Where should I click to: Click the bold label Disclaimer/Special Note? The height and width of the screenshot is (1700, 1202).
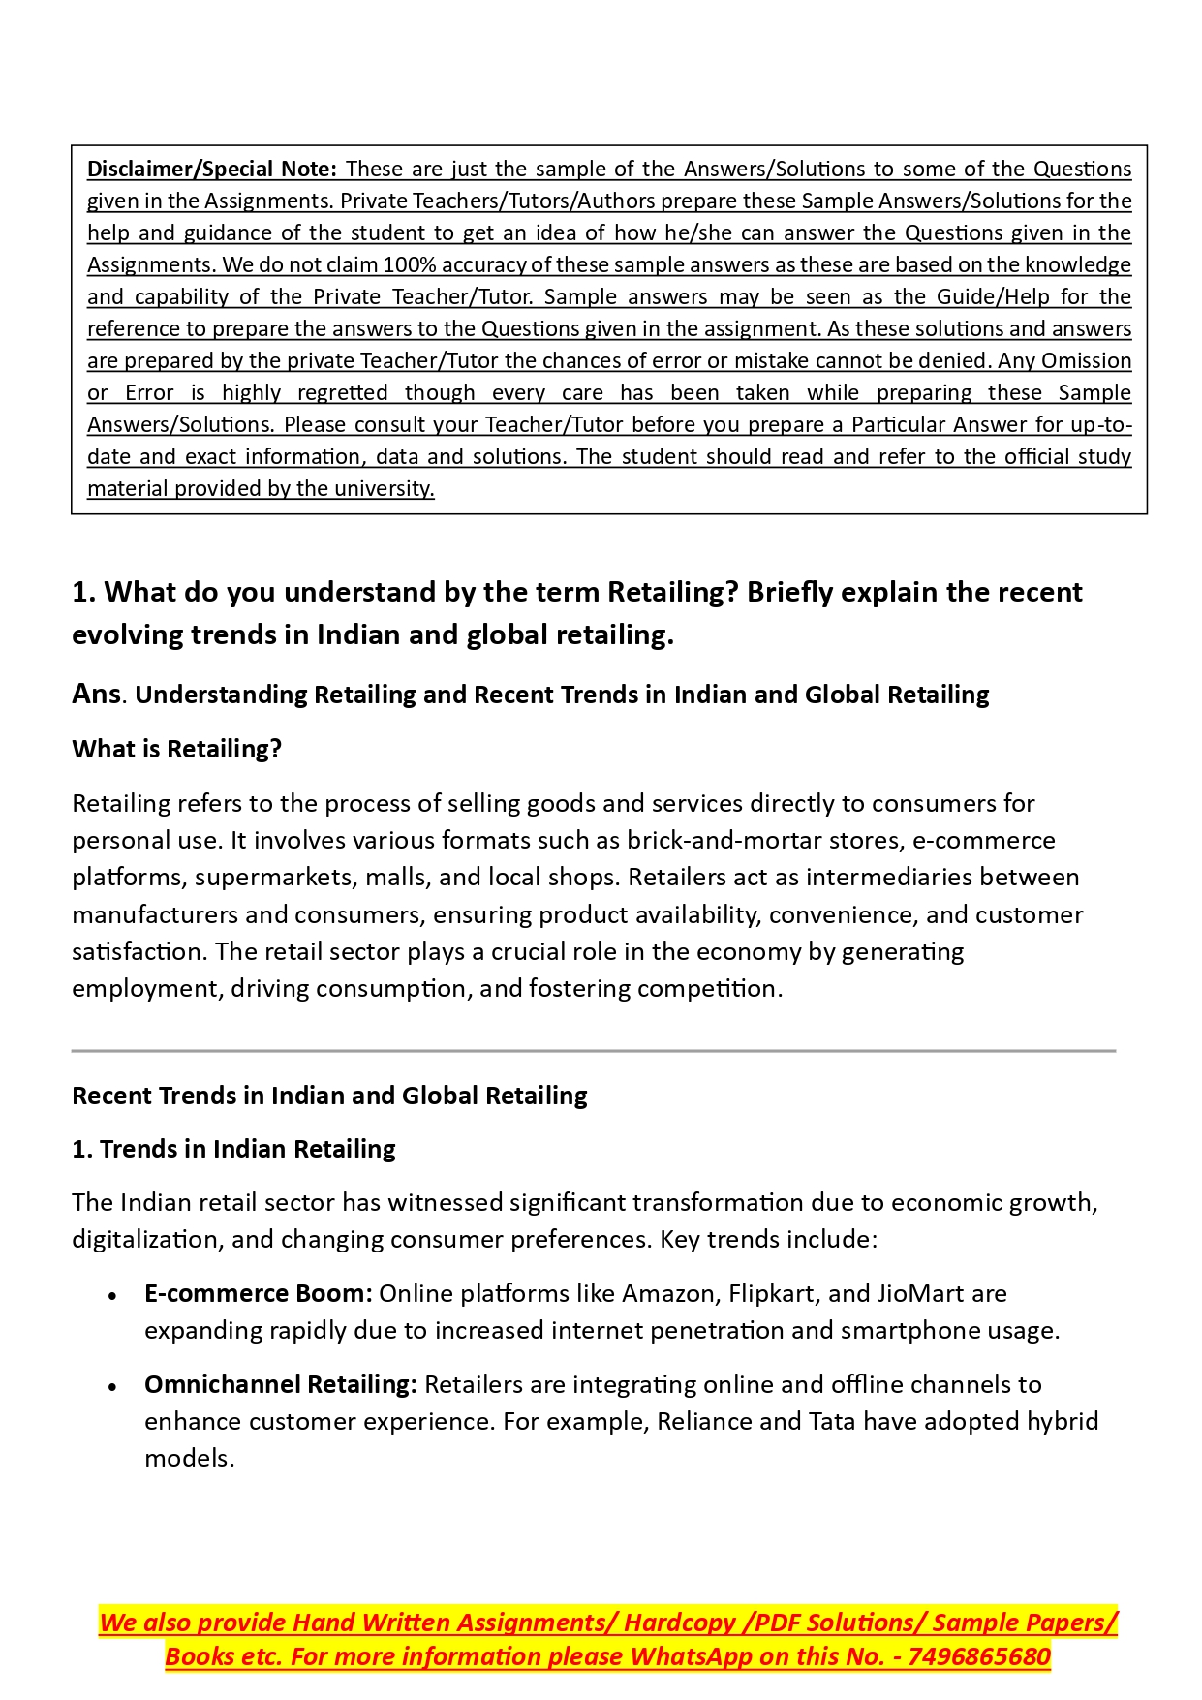point(211,169)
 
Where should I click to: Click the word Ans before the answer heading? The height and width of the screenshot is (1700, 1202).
point(96,694)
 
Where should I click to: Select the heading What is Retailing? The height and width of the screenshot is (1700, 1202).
point(176,749)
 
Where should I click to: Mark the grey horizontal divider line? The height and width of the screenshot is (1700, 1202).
point(593,1050)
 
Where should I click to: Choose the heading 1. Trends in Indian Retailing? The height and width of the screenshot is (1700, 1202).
point(233,1149)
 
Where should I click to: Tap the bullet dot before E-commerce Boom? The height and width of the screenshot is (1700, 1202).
point(113,1295)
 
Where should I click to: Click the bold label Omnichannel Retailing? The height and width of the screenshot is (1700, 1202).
point(280,1384)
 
